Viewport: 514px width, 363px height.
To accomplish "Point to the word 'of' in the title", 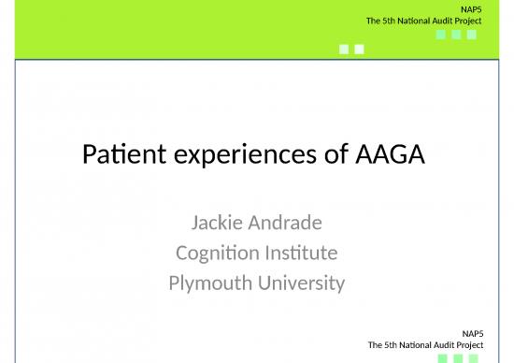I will click(323, 154).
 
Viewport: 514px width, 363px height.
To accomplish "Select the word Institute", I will click(299, 252).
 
